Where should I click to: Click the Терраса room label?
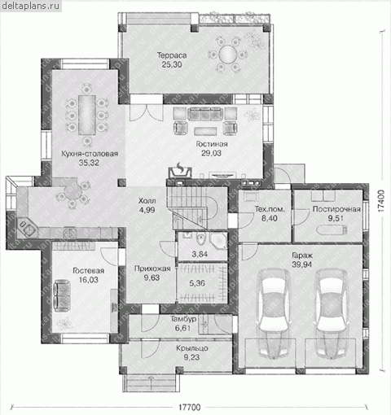pos(172,55)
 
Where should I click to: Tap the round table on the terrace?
pos(227,55)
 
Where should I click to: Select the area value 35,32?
pos(89,163)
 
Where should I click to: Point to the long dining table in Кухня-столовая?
pos(86,115)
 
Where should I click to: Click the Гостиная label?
pos(212,144)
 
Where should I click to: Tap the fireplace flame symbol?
pos(180,167)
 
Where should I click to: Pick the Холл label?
pos(147,201)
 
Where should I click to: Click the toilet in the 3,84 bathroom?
pos(200,238)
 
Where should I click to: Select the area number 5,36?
pos(197,283)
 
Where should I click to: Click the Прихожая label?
pos(152,269)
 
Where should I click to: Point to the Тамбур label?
pos(183,319)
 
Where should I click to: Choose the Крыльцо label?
pos(192,348)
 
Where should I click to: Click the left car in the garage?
pos(274,313)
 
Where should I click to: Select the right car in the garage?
pos(332,313)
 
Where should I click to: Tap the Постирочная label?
pos(336,209)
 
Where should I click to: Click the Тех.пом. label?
pos(270,209)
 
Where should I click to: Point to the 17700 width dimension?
pos(190,408)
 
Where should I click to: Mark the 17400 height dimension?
pos(381,201)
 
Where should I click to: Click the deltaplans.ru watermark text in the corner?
pos(30,6)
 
